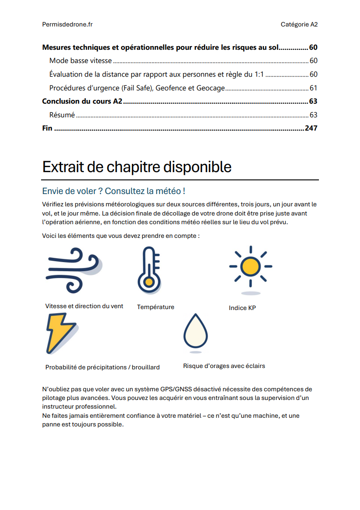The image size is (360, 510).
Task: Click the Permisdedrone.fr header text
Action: (x=67, y=25)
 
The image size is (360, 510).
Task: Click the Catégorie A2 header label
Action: (x=299, y=25)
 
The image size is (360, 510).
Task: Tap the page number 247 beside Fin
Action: (x=311, y=128)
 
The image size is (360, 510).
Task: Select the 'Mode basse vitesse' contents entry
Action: (x=81, y=61)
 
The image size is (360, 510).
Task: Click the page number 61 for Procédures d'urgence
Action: (x=313, y=88)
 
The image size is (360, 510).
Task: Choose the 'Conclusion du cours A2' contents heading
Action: (x=82, y=101)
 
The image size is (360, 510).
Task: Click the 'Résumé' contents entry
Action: (x=62, y=115)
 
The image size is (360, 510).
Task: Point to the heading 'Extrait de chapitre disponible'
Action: (x=137, y=167)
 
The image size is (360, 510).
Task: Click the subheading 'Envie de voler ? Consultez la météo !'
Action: (x=114, y=191)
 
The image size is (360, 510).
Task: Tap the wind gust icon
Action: (x=73, y=270)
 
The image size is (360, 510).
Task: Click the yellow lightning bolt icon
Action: (x=60, y=333)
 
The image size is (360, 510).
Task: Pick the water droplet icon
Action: (x=195, y=331)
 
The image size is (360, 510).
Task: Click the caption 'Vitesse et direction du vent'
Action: (x=84, y=306)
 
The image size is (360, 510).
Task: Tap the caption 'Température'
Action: (x=156, y=307)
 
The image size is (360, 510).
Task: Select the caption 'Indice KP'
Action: (x=242, y=308)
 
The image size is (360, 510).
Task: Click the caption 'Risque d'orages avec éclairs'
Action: (x=224, y=366)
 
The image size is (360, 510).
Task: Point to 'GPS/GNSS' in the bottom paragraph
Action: (x=176, y=389)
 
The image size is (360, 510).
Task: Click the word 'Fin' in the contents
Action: (x=47, y=128)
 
